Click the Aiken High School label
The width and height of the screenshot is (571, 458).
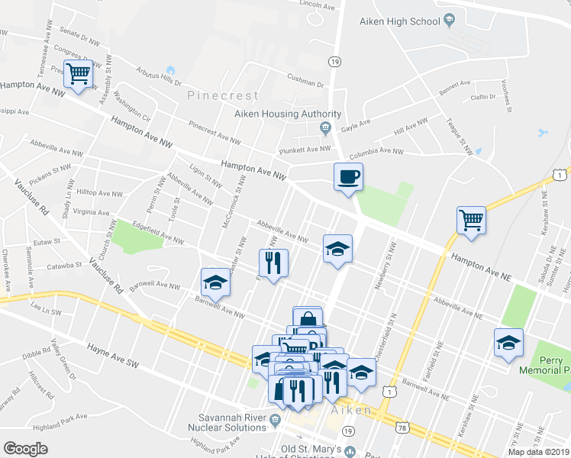click(400, 21)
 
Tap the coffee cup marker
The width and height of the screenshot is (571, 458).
click(348, 178)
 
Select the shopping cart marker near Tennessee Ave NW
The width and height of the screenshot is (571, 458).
click(77, 74)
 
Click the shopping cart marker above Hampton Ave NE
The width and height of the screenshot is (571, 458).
click(471, 221)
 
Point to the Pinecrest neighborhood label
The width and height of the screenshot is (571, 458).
click(223, 96)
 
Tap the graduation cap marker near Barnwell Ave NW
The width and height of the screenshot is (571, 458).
click(215, 283)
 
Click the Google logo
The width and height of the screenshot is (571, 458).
click(25, 449)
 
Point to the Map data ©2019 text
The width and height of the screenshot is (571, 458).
click(538, 452)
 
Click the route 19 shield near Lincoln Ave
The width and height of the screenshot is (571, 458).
click(334, 61)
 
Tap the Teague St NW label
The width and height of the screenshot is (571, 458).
click(456, 131)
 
